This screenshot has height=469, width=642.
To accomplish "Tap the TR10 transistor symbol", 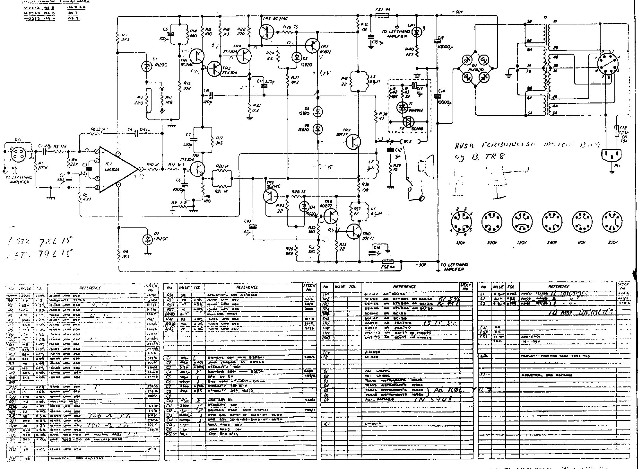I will [x=354, y=231].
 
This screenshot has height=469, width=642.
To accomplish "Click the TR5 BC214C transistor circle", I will [x=267, y=31].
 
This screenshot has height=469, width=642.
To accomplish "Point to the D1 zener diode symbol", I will [x=147, y=66].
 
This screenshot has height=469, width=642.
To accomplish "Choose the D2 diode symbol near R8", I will [x=148, y=239].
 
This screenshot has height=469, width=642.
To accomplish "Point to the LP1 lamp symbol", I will [x=417, y=31].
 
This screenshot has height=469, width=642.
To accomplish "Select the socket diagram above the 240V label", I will [x=552, y=221].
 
